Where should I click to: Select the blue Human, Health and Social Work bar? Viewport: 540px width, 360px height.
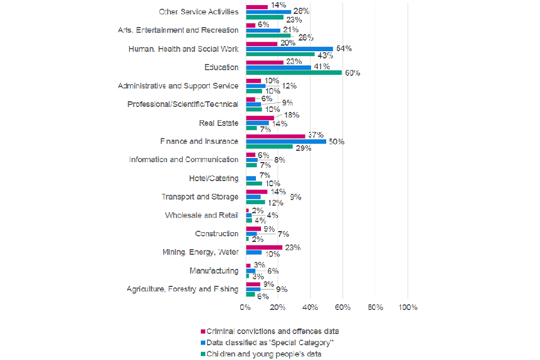tap(290, 49)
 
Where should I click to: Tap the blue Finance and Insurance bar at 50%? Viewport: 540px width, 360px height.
tap(286, 141)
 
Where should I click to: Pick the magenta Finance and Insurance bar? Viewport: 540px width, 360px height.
tap(276, 136)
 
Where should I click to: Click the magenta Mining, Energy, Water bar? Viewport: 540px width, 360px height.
tap(264, 247)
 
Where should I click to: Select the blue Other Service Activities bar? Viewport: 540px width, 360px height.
tap(269, 11)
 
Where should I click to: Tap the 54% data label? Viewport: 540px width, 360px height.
tap(344, 49)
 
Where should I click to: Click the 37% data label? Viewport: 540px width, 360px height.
tap(315, 135)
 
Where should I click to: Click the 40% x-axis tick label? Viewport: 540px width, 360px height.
tap(310, 308)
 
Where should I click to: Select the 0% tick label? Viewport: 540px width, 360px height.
tap(246, 308)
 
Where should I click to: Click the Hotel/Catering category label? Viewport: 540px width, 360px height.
tap(214, 178)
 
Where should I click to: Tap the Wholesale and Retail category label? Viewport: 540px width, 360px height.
tap(201, 215)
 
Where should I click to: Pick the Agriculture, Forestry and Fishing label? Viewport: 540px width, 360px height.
tap(182, 290)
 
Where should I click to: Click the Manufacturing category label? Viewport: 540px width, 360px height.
tap(214, 271)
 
